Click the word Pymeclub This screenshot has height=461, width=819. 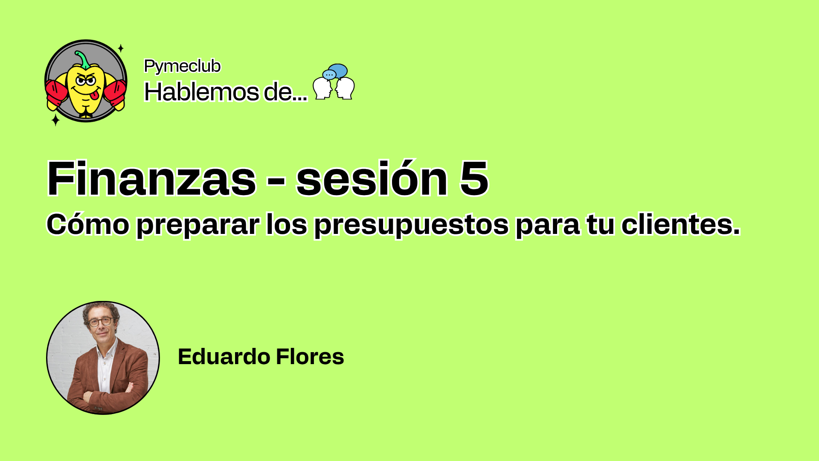tap(182, 67)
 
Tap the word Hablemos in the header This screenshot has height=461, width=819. tap(201, 91)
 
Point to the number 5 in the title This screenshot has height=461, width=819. tap(474, 178)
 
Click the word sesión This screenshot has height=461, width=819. tap(372, 178)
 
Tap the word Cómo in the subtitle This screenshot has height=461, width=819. tap(88, 224)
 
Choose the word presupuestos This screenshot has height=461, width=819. tap(412, 225)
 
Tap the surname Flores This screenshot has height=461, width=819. tap(310, 356)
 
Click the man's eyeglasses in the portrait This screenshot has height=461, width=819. tap(101, 321)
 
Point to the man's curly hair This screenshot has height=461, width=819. tap(101, 311)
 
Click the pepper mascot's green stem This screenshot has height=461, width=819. tap(83, 60)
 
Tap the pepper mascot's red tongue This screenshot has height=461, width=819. tap(96, 94)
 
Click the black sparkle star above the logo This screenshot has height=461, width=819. tap(121, 48)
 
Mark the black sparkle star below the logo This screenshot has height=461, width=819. tap(55, 120)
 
